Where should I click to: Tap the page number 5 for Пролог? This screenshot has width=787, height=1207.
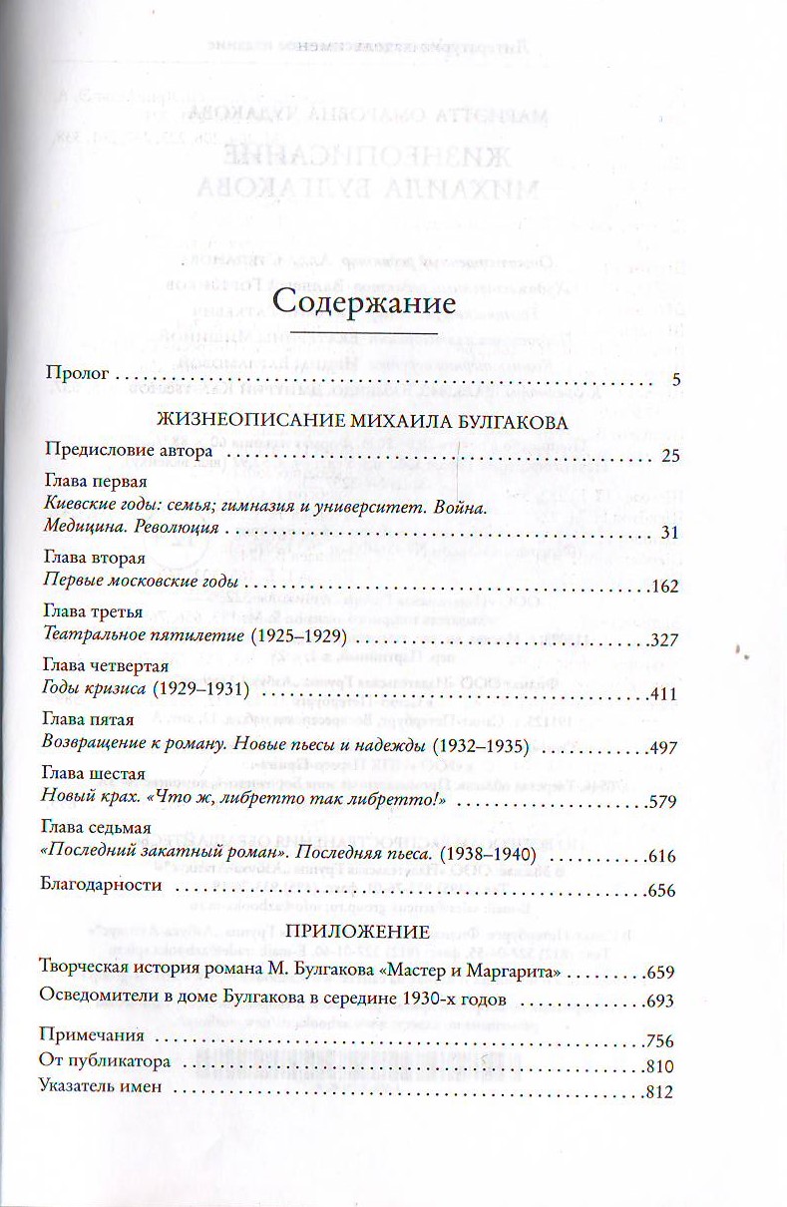point(676,380)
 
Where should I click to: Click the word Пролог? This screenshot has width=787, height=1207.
point(76,378)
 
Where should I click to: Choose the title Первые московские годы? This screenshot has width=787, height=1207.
point(144,584)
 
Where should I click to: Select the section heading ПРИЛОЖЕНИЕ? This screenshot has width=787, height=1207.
point(357,935)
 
